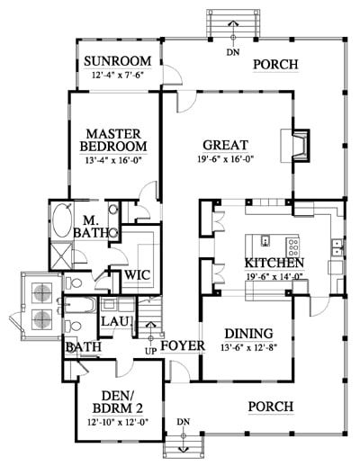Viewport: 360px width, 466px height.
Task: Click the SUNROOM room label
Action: click(117, 61)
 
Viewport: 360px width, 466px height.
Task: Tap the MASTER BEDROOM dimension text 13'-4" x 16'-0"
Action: click(113, 161)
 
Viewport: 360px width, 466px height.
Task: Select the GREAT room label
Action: click(226, 145)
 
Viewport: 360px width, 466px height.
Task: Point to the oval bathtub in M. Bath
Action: click(62, 220)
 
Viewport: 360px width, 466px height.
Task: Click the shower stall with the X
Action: click(61, 256)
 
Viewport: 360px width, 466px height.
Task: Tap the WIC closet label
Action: click(137, 274)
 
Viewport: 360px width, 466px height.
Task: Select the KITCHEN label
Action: click(274, 263)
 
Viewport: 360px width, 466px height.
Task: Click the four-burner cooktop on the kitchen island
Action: click(292, 246)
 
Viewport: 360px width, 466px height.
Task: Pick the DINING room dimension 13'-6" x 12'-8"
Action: click(248, 347)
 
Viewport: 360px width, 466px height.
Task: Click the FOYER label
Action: click(183, 345)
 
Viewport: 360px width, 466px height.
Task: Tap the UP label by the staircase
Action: click(150, 351)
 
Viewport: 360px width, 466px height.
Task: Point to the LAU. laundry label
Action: click(117, 321)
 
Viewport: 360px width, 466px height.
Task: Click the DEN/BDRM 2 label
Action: click(118, 402)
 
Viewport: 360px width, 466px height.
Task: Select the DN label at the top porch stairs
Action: click(233, 52)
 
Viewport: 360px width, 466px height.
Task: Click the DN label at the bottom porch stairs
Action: click(184, 422)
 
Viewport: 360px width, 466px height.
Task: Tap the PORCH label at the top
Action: click(275, 64)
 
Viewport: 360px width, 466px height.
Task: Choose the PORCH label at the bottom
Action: click(271, 407)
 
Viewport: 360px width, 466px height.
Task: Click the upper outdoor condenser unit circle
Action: click(42, 292)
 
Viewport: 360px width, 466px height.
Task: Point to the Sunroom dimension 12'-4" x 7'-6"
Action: click(117, 75)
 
